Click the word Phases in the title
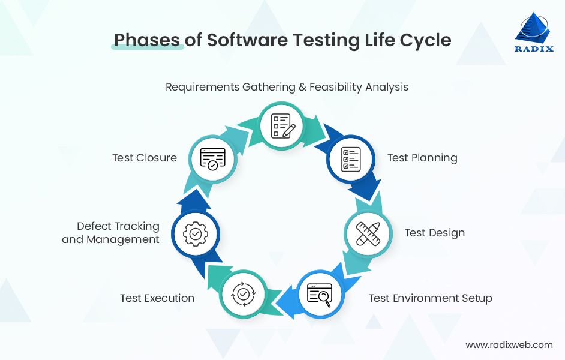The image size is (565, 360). point(146,40)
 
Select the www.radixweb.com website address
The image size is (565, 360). point(509,345)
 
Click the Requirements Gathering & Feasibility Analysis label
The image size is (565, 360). point(287,87)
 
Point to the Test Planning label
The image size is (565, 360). point(422,158)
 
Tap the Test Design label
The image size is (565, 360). point(435,233)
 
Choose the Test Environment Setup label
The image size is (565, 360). point(430,298)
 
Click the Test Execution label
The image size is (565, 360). point(157,298)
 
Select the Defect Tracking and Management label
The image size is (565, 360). point(111,233)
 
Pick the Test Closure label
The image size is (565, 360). point(145,158)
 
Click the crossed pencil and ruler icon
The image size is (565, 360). point(368,233)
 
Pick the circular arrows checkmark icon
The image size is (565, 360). point(243,294)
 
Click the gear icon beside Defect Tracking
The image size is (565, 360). point(195,233)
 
